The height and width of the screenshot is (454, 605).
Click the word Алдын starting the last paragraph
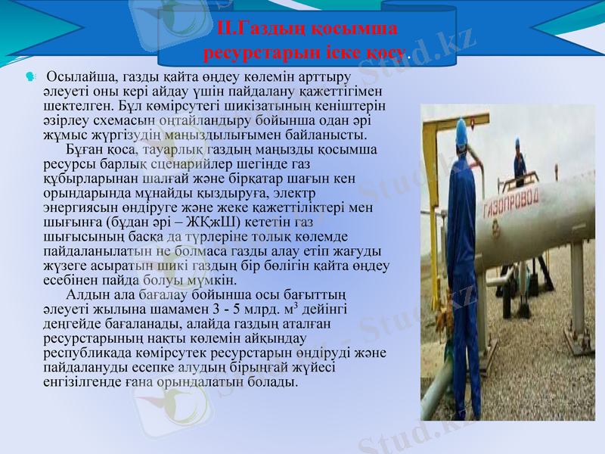click(x=86, y=294)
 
